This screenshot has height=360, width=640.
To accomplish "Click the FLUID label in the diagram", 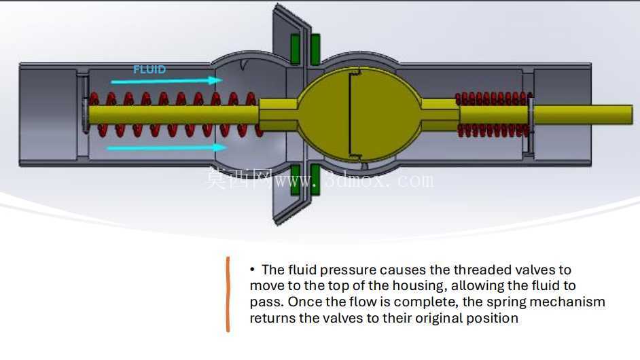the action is point(149,69).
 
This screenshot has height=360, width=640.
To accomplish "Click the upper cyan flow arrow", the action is point(166,81).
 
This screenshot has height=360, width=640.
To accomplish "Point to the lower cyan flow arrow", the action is point(166,148).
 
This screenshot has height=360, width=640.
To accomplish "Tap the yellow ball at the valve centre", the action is point(359,114).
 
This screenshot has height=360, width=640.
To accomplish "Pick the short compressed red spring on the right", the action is point(494,115).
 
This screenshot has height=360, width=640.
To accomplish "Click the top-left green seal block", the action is point(295,49).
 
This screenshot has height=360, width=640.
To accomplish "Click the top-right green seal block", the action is point(315,49).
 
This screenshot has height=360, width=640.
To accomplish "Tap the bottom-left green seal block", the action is point(295,180).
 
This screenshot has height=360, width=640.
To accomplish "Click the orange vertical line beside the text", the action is point(228,294).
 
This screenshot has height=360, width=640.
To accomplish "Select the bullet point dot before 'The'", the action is point(252,270).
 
